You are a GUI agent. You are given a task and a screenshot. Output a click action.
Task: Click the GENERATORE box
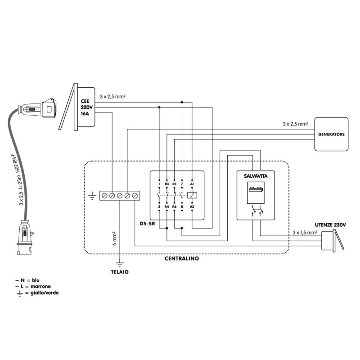(x=331, y=134)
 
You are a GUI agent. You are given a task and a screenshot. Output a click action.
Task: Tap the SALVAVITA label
(x=255, y=177)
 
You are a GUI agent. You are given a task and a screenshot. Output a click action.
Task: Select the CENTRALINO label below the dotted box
(x=182, y=259)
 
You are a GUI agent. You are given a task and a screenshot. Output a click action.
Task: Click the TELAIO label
(x=120, y=272)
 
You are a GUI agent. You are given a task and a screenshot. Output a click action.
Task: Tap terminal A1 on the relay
(x=192, y=184)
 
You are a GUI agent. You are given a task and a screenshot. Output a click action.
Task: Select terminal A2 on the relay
(x=192, y=206)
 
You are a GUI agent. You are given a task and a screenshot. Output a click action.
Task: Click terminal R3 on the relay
(x=166, y=184)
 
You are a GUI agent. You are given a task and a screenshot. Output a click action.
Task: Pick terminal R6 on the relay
(x=174, y=206)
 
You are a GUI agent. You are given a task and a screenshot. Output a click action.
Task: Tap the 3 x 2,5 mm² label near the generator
(x=295, y=123)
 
